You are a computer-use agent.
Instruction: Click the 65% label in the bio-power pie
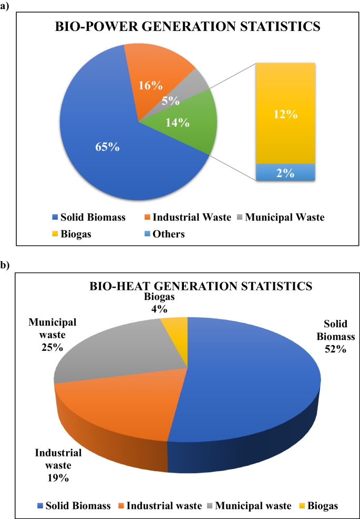click(108, 147)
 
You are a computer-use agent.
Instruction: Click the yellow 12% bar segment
click(285, 113)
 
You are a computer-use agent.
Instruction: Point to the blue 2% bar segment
click(285, 173)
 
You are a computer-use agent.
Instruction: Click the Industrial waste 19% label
click(58, 465)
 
